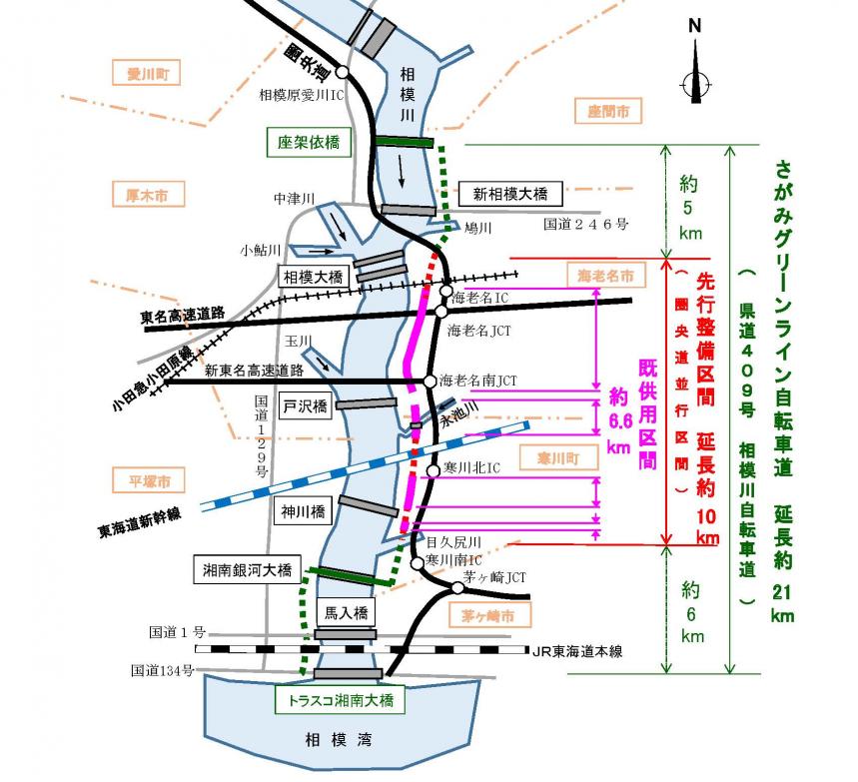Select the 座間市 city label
coord(608,110)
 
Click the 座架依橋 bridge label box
coord(309,143)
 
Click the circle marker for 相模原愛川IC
coord(342,72)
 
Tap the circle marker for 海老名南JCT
coord(431,382)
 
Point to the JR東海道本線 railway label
coord(577,652)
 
